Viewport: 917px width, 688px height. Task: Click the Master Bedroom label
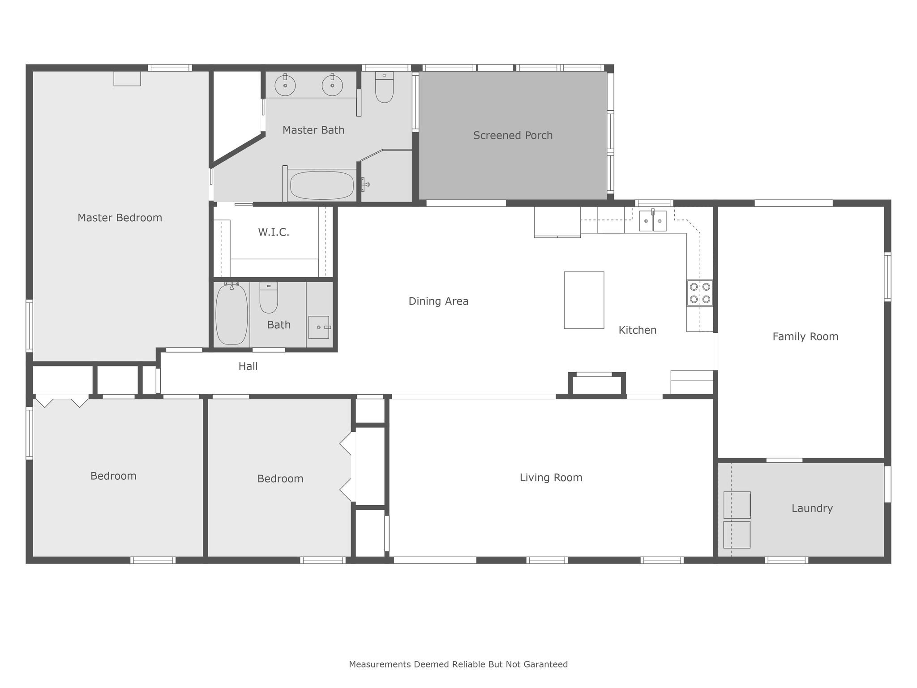click(x=120, y=218)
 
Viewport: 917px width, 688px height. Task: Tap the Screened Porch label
click(x=513, y=135)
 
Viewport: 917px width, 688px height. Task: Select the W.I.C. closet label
click(x=274, y=232)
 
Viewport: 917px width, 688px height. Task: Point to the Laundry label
click(x=812, y=508)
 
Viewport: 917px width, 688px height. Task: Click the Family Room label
click(x=805, y=337)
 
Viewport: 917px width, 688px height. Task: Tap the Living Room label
click(x=551, y=478)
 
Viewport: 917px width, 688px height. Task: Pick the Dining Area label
click(x=438, y=301)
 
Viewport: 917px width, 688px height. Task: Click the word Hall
click(x=248, y=366)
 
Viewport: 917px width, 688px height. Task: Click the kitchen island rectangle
click(x=584, y=300)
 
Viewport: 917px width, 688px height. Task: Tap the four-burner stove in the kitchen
click(x=700, y=293)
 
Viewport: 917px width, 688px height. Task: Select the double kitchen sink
click(x=652, y=220)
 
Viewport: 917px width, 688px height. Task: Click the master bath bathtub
click(x=322, y=185)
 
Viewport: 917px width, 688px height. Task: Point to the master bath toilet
click(x=384, y=87)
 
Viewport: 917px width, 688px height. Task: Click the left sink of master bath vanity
click(x=285, y=85)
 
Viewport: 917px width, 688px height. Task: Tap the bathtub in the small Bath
click(x=231, y=314)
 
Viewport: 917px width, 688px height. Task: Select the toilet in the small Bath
click(x=269, y=297)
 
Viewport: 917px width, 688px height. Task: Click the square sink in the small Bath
click(x=319, y=327)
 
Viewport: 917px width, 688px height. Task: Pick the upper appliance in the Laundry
click(x=737, y=505)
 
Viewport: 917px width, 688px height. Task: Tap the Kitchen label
click(x=637, y=330)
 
